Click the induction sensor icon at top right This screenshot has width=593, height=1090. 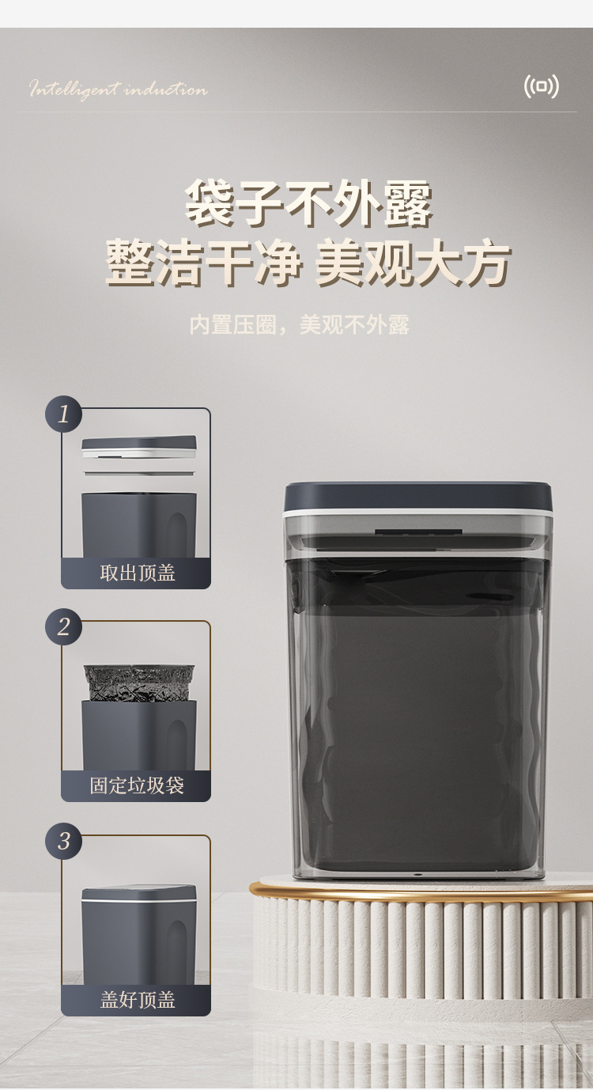pyautogui.click(x=541, y=87)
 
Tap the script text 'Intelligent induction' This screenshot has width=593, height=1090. pyautogui.click(x=119, y=89)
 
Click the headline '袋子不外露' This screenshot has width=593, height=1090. pyautogui.click(x=308, y=203)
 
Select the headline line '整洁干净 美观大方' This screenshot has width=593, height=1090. pyautogui.click(x=308, y=262)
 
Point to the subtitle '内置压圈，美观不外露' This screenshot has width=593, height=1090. pyautogui.click(x=299, y=324)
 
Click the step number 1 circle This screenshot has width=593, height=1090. pyautogui.click(x=64, y=414)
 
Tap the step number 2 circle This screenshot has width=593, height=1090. pyautogui.click(x=64, y=626)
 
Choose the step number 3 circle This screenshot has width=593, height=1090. pyautogui.click(x=64, y=841)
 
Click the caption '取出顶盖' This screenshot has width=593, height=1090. pyautogui.click(x=138, y=573)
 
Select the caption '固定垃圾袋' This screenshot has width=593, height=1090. pyautogui.click(x=137, y=785)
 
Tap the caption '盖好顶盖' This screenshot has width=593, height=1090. pyautogui.click(x=138, y=1000)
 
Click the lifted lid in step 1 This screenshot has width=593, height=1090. pyautogui.click(x=139, y=447)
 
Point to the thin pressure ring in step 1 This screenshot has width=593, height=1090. pyautogui.click(x=139, y=472)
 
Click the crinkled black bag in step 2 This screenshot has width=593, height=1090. pyautogui.click(x=139, y=683)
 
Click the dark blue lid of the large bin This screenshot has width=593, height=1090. pyautogui.click(x=418, y=497)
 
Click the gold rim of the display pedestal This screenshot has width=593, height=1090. pyautogui.click(x=421, y=891)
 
